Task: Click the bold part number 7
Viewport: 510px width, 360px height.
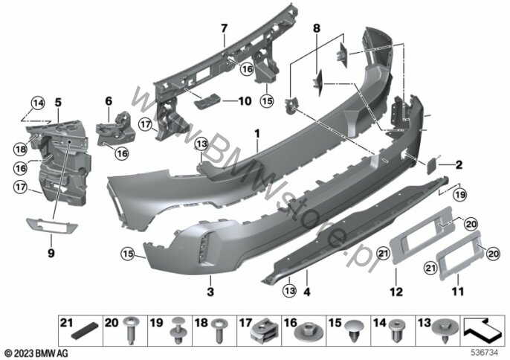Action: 224,29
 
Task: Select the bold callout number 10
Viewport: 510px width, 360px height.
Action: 245,101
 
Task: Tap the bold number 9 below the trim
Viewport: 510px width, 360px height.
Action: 51,253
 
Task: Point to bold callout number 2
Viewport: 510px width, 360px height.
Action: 459,164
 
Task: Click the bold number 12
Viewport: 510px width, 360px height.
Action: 396,292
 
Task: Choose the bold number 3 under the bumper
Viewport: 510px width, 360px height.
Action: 210,292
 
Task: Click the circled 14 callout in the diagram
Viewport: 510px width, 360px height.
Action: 38,103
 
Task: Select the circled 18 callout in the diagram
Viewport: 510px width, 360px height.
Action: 21,150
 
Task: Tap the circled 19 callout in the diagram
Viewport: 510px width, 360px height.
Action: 460,195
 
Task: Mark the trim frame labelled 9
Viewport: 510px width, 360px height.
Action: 52,225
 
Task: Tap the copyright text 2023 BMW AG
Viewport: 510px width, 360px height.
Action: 37,353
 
